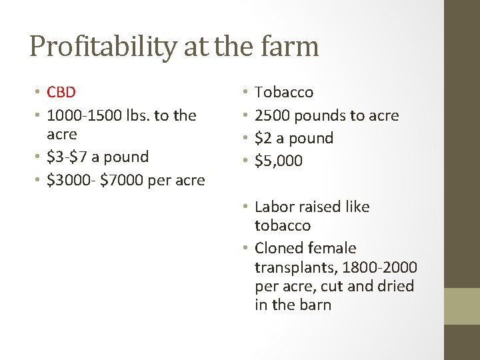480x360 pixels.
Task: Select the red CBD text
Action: pyautogui.click(x=62, y=92)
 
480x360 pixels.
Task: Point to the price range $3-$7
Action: pyautogui.click(x=69, y=157)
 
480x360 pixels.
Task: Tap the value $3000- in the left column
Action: pyautogui.click(x=69, y=180)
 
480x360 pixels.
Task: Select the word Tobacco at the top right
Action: pyautogui.click(x=284, y=92)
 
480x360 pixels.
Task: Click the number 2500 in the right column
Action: pyautogui.click(x=272, y=115)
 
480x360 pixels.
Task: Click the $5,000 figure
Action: pyautogui.click(x=279, y=161)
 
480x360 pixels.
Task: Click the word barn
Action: pyautogui.click(x=315, y=305)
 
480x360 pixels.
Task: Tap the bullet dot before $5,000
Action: pyautogui.click(x=245, y=161)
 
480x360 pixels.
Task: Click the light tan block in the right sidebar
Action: pyautogui.click(x=462, y=306)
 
